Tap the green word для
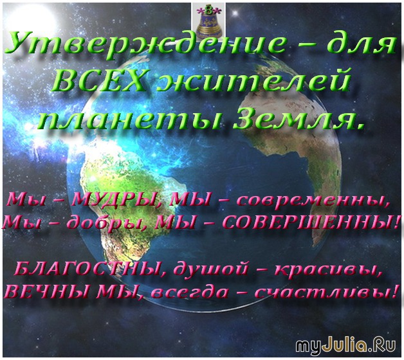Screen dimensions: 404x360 point(362,44)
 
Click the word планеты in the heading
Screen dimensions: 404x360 point(132,119)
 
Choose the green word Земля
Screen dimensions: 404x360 point(298,118)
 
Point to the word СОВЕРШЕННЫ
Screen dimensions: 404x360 point(310,222)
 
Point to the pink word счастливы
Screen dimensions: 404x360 point(327,292)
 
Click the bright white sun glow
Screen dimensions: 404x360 point(29,21)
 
